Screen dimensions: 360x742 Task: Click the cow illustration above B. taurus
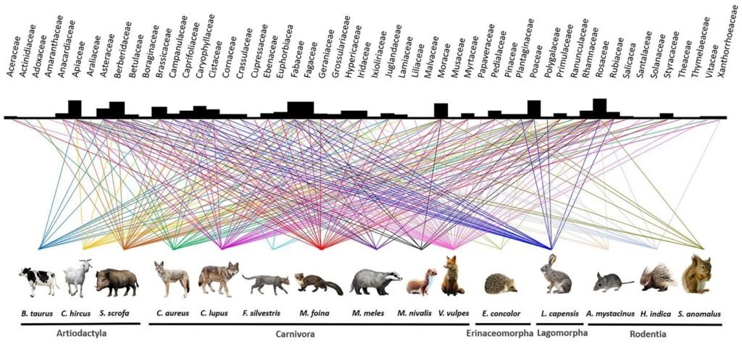[39, 280]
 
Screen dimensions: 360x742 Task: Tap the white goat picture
[78, 278]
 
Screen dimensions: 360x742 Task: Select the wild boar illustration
[117, 282]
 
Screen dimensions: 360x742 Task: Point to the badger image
[375, 281]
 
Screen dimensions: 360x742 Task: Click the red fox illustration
[452, 276]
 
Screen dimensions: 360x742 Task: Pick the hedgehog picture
[500, 283]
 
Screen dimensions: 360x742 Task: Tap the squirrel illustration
[697, 275]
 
